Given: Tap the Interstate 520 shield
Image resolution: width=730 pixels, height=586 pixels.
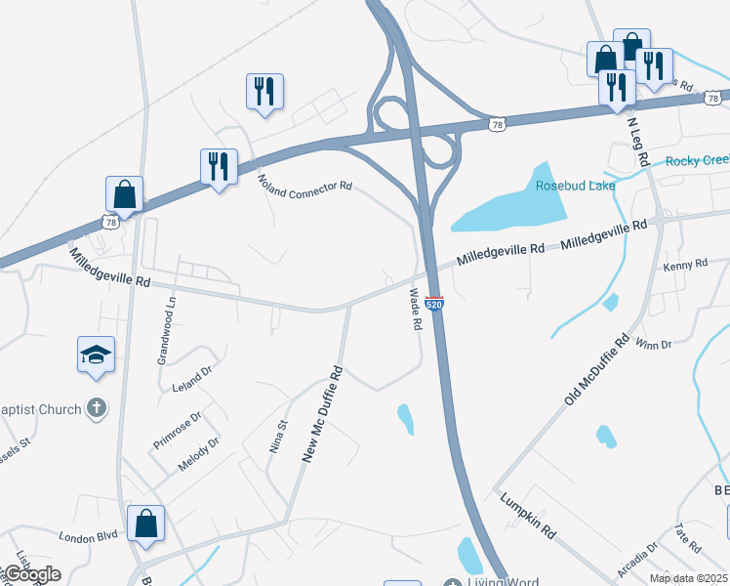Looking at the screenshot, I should (x=435, y=305).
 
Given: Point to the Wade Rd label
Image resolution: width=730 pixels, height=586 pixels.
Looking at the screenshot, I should (x=415, y=309).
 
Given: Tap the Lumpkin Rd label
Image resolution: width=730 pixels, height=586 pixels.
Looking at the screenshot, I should (x=527, y=517).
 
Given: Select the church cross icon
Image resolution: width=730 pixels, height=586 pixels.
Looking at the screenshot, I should (x=96, y=408).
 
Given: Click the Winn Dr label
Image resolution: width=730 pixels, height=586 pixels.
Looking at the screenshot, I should (x=653, y=344).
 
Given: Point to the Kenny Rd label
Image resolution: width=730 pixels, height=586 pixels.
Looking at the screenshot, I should (x=684, y=265).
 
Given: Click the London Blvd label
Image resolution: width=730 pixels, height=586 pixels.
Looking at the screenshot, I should (x=88, y=536).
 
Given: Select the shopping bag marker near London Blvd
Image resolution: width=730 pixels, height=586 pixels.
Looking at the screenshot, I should (x=145, y=523).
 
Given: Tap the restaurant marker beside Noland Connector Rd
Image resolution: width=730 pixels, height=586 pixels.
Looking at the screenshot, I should (x=219, y=166).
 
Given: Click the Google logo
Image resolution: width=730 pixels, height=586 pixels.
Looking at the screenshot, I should (x=31, y=574).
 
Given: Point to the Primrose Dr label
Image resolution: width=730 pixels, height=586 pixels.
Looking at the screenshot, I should (x=177, y=431).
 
